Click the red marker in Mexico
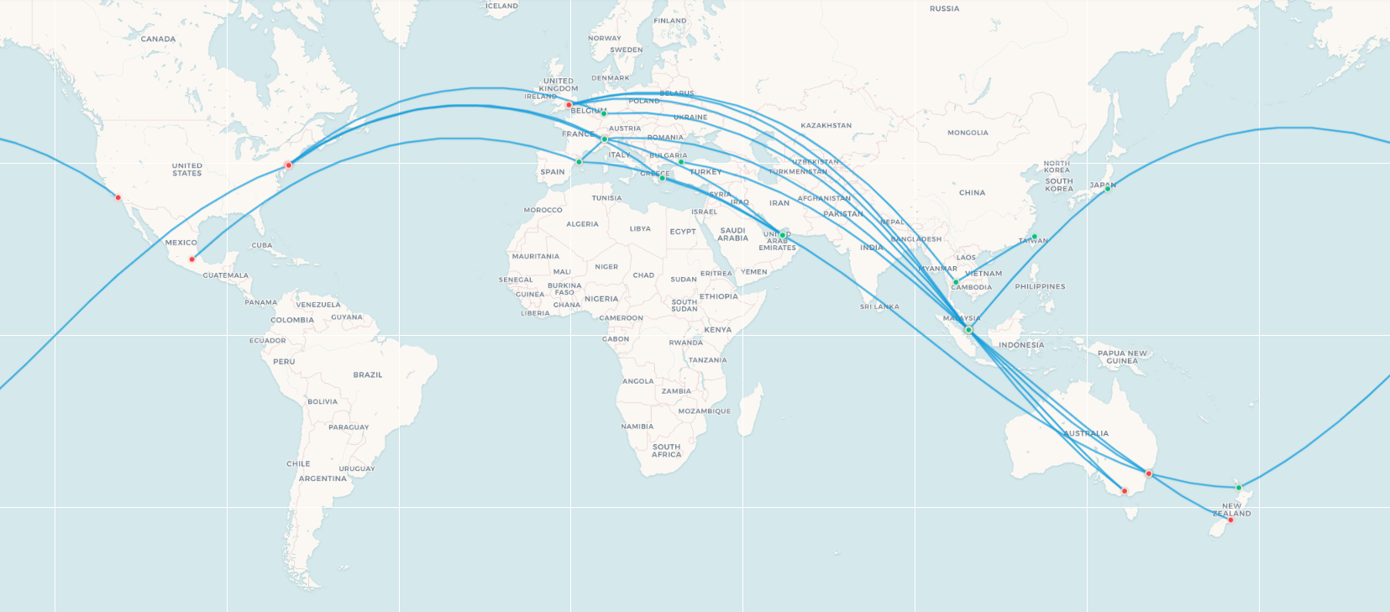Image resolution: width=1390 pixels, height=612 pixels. tap(192, 259)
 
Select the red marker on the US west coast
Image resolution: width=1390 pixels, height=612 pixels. tap(118, 198)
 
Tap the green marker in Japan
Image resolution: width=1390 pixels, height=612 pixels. tap(1107, 189)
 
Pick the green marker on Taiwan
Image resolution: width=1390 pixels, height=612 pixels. tap(1035, 237)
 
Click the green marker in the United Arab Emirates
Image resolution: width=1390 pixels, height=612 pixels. tap(783, 235)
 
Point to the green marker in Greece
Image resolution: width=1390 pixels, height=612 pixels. tap(662, 178)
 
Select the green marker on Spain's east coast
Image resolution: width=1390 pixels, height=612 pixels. tap(579, 162)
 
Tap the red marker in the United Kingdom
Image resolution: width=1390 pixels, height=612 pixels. tap(569, 105)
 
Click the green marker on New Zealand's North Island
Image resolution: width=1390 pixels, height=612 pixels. tap(1238, 488)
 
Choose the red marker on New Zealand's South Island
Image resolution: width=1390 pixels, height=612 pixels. tap(1230, 520)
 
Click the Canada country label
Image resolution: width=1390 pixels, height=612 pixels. tap(158, 39)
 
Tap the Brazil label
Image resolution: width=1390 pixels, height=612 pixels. tap(367, 374)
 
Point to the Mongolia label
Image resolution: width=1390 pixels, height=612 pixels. tap(968, 133)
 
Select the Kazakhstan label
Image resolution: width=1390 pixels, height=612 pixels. tap(826, 126)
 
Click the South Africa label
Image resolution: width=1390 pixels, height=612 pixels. tap(666, 451)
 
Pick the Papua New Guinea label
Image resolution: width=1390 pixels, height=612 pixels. tap(1122, 357)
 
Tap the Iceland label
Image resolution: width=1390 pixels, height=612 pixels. tap(502, 6)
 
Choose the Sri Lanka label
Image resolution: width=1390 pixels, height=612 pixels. tap(879, 306)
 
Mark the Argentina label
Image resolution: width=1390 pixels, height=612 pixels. tap(323, 479)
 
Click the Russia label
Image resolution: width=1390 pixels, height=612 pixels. tap(944, 8)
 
